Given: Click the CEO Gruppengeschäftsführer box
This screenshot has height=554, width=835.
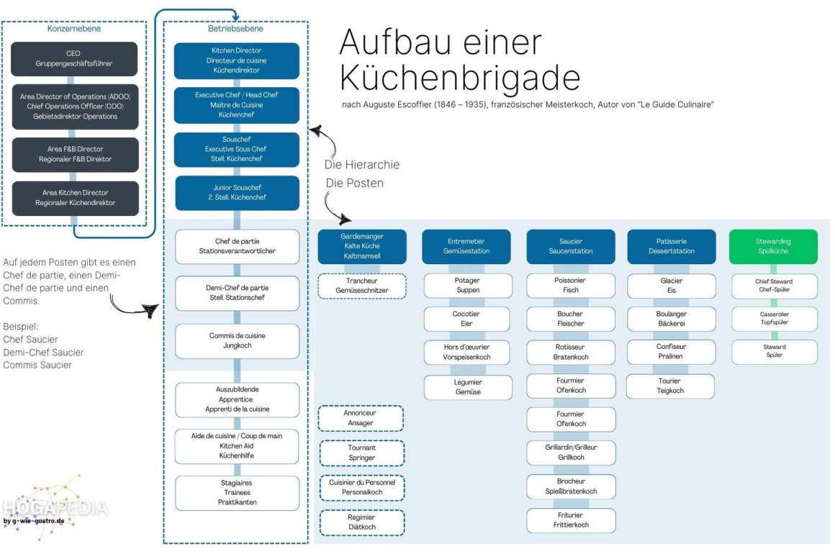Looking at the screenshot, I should [75, 59].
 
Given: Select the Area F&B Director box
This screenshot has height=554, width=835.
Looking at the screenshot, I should [75, 154].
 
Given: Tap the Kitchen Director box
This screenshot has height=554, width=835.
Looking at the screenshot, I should [237, 60].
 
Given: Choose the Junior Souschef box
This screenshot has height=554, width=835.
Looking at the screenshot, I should [237, 193].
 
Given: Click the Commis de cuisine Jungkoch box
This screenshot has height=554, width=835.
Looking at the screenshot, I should [237, 341].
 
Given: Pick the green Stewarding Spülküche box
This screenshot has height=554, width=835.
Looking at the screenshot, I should [773, 246].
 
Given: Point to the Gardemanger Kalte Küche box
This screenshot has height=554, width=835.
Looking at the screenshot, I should [361, 246].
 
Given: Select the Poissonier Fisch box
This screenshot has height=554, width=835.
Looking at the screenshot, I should [570, 286].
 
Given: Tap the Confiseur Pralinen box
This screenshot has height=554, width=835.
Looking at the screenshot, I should [670, 352].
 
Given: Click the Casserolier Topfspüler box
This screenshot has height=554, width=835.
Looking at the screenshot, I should [775, 319].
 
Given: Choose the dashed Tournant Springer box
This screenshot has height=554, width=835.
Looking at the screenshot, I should [361, 453].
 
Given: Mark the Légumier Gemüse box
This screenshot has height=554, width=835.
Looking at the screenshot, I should [467, 387].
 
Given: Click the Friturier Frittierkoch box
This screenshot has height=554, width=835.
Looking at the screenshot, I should [570, 520].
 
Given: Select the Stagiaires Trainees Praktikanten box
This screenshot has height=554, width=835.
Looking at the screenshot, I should [237, 493].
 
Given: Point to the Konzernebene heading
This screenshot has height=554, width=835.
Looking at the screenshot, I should [74, 29].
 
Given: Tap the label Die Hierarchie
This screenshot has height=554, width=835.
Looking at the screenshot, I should [361, 165].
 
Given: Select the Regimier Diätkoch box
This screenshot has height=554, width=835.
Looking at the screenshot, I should [361, 522].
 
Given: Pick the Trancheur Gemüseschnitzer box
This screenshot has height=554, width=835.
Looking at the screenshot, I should [361, 286].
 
